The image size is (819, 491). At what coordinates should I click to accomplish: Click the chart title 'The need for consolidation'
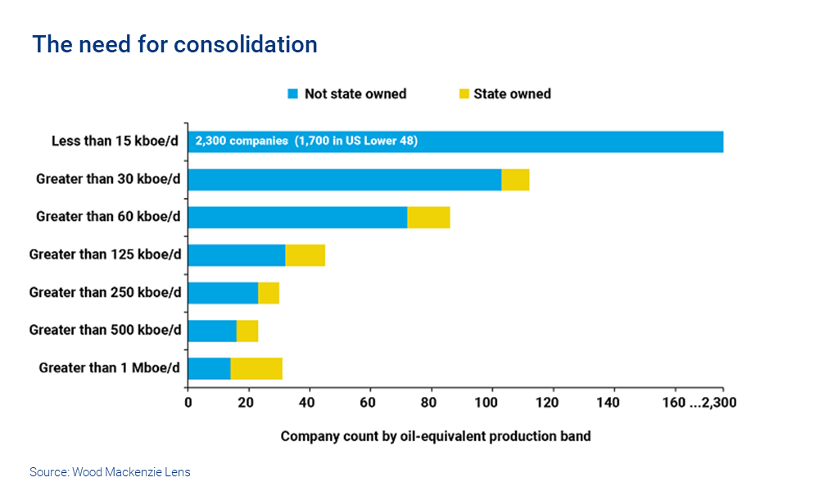tap(174, 44)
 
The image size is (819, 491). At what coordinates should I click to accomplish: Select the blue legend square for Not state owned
tap(292, 94)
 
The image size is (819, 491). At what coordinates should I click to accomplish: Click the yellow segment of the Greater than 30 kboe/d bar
tap(515, 179)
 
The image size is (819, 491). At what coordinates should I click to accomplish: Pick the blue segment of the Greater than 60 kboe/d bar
tap(297, 217)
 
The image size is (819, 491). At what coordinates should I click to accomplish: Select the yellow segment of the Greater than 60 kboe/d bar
tap(428, 217)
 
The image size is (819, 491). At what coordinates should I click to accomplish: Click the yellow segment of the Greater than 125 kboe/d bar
tap(305, 255)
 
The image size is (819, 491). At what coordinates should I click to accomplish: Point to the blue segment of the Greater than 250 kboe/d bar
tap(223, 293)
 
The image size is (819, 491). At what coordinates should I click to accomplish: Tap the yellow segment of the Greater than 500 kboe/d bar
tap(247, 331)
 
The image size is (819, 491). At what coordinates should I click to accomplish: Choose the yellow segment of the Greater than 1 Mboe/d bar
tap(256, 368)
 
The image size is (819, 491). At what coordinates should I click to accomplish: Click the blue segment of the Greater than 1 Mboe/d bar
tap(209, 368)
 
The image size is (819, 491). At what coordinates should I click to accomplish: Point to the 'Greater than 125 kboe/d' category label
tap(105, 255)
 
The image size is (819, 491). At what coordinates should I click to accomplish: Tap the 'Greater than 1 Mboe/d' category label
tap(109, 368)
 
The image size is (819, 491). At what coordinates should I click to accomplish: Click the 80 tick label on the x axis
tap(432, 402)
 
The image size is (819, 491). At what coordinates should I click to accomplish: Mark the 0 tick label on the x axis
tap(188, 402)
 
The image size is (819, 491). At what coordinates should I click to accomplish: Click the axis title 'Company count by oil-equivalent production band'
tap(435, 436)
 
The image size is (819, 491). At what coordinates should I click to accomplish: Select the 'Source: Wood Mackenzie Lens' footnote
tap(110, 472)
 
